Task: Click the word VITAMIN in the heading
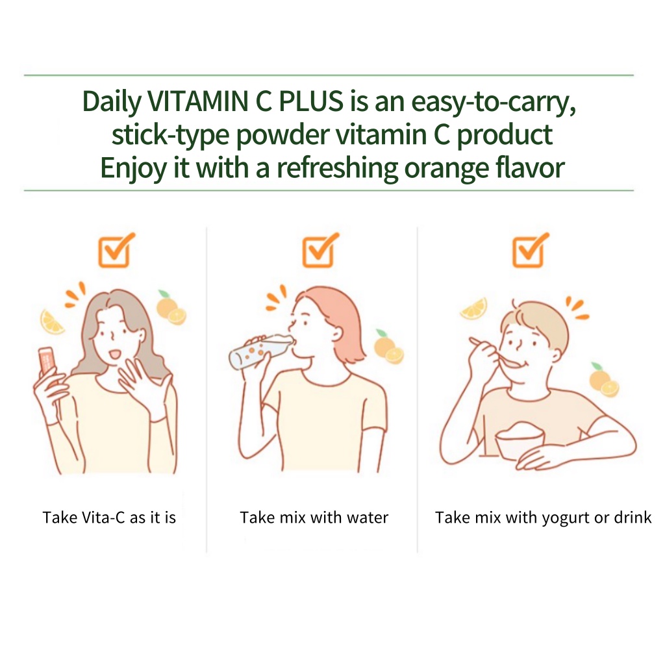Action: [197, 101]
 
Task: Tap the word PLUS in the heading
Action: [311, 101]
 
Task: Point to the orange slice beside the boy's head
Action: [473, 308]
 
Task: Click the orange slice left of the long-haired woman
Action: [52, 322]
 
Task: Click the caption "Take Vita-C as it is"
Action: [109, 518]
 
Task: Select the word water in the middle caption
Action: [368, 518]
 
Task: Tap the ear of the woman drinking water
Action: [337, 334]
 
